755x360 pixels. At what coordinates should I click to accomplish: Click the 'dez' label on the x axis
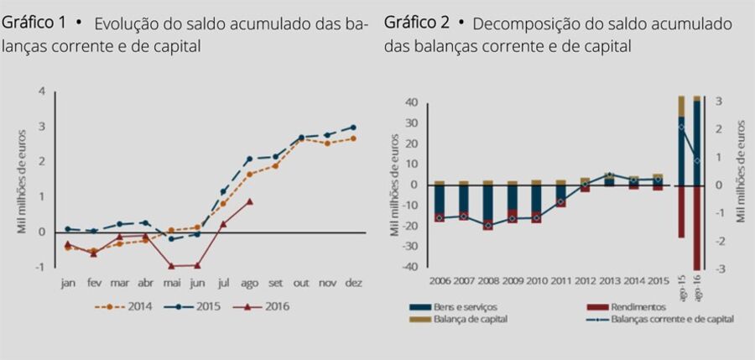tap(352, 284)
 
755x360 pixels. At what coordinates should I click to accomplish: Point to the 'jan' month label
tap(68, 284)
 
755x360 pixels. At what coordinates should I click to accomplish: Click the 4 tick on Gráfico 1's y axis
tap(43, 91)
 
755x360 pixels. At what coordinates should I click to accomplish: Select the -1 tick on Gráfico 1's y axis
tap(41, 267)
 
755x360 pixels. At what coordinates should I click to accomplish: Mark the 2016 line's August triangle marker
tap(250, 201)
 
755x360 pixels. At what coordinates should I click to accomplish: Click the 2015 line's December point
tap(353, 127)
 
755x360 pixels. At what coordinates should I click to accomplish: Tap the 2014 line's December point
tap(353, 138)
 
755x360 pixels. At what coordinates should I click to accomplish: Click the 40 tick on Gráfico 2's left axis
tap(411, 103)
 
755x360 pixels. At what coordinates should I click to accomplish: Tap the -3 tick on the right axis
tap(719, 269)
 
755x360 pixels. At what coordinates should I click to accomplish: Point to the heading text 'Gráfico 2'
tap(419, 23)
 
